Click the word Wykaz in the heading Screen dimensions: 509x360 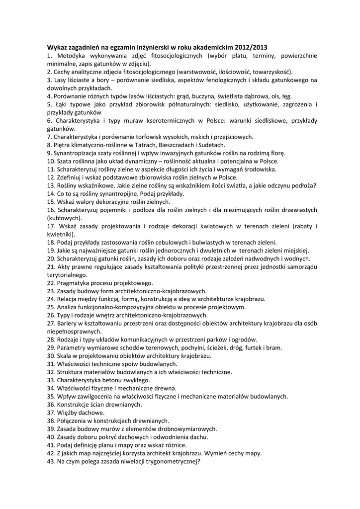coord(58,47)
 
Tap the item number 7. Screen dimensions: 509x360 coord(49,137)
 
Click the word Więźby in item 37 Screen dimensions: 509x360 coord(69,413)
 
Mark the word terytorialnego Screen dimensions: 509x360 coord(67,275)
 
